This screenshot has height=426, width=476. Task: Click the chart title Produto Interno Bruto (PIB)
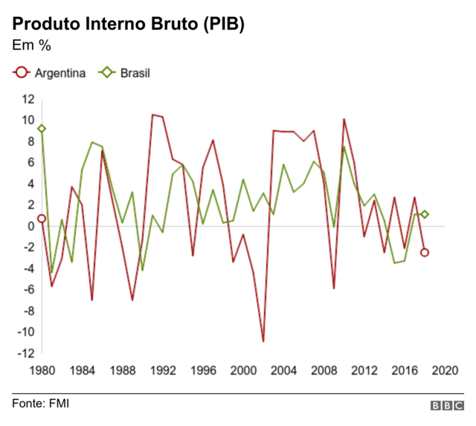[128, 22]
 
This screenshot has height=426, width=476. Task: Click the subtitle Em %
[31, 46]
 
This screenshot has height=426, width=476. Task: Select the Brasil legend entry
[125, 73]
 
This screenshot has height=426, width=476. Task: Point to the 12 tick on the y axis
[28, 99]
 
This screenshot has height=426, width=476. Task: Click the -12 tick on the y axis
[26, 353]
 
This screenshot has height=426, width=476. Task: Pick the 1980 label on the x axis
[42, 369]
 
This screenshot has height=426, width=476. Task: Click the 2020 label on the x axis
[445, 369]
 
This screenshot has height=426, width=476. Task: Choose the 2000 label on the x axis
[243, 369]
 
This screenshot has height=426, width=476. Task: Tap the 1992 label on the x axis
[163, 369]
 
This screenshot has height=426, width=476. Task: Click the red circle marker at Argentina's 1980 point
[42, 219]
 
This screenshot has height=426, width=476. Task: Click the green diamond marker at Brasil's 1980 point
[42, 129]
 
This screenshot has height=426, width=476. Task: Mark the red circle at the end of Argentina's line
[425, 252]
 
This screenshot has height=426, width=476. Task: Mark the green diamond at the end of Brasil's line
[425, 214]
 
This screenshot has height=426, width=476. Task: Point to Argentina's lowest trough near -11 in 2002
[263, 341]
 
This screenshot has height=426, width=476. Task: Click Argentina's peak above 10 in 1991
[152, 115]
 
